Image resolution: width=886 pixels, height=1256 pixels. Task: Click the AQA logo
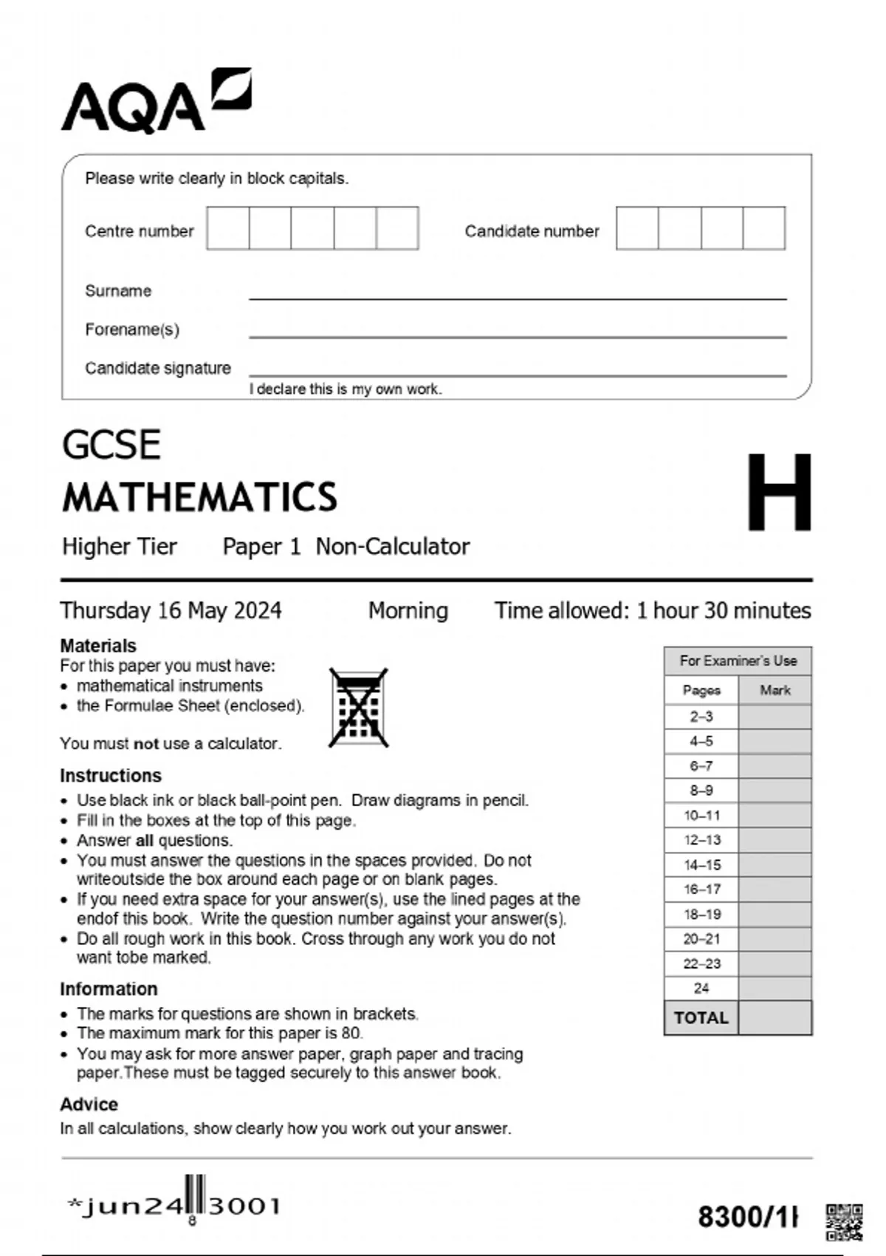[x=156, y=101]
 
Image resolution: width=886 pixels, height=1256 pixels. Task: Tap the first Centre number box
[x=228, y=228]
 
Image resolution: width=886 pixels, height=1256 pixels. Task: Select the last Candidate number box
[x=763, y=228]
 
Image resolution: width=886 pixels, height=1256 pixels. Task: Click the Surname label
[x=118, y=291]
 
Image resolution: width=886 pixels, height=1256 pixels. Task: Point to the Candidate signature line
[x=517, y=374]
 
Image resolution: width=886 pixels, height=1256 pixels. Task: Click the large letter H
[x=779, y=493]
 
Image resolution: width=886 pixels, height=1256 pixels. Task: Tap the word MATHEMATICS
[x=200, y=497]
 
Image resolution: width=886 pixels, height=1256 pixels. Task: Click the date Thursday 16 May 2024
[x=171, y=610]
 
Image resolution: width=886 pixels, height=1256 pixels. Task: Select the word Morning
[x=408, y=610]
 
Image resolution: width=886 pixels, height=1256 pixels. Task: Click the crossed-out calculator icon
[x=359, y=708]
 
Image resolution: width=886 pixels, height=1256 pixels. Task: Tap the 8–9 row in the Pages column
[x=701, y=791]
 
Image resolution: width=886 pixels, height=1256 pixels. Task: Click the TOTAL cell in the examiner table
[x=701, y=1017]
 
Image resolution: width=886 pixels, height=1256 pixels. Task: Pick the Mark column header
[x=775, y=690]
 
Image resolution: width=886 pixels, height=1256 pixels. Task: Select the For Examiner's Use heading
[x=738, y=661]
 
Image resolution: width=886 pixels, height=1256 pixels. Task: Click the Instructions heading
[x=111, y=776]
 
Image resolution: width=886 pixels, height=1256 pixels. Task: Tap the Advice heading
[x=89, y=1104]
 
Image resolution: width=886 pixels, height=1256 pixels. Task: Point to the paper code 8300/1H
[x=748, y=1216]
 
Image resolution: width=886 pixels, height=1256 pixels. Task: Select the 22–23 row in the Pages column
[x=701, y=963]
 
